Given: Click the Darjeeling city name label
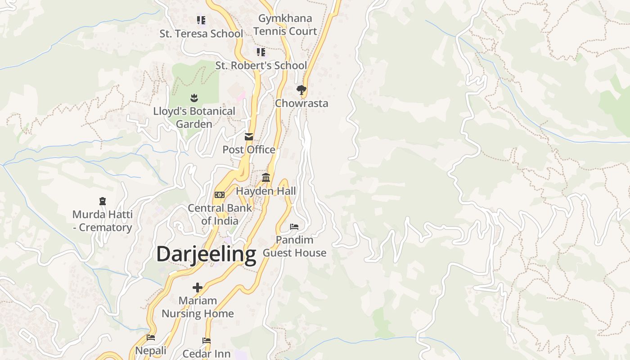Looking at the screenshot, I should [206, 254].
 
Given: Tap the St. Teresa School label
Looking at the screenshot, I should [201, 34].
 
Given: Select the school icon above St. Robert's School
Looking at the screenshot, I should [261, 52].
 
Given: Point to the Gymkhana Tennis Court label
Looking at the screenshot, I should [285, 25].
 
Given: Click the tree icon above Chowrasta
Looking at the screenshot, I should [301, 90].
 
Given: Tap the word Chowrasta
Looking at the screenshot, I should [301, 103].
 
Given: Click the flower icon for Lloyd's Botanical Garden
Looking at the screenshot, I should [194, 98].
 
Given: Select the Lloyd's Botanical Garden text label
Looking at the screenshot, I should [194, 117].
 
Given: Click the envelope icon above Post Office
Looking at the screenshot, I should [249, 137].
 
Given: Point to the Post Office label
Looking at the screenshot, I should [249, 150].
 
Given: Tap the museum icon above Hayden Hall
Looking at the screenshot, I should [266, 178].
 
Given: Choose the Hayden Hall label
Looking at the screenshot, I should [266, 191].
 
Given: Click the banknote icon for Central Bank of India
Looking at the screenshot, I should [220, 195].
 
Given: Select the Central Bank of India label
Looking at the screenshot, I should [220, 215].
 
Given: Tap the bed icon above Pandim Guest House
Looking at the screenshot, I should [294, 227].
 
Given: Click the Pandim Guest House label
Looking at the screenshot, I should [294, 247].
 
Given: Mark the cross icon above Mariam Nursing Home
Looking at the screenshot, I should [198, 287].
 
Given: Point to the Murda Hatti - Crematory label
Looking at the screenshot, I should [102, 221].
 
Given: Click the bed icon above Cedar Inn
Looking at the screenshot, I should [207, 341].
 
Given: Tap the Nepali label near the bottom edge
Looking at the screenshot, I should [151, 351].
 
